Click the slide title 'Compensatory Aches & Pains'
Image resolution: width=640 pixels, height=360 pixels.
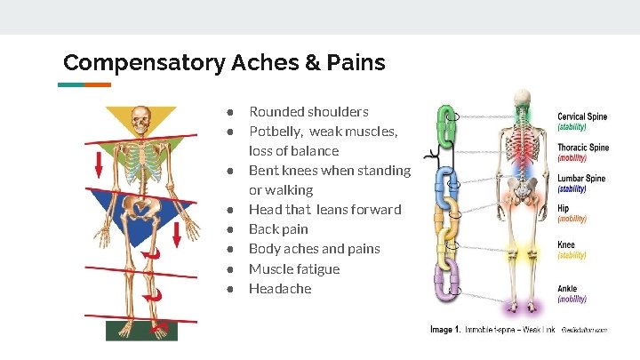click(x=224, y=63)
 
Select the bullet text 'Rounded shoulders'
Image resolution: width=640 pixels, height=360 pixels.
click(x=308, y=112)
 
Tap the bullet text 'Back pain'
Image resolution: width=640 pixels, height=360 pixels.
click(x=278, y=229)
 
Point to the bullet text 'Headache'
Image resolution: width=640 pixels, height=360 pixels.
click(x=280, y=288)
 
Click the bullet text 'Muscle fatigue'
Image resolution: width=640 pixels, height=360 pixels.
click(x=293, y=268)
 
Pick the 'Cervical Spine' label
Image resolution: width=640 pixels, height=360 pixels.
click(x=582, y=116)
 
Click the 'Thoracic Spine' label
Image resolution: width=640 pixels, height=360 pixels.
click(x=583, y=148)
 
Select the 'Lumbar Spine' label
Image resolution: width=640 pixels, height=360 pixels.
click(x=581, y=179)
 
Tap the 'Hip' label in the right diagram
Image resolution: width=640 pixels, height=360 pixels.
click(x=564, y=209)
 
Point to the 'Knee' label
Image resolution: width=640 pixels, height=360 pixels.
click(x=566, y=245)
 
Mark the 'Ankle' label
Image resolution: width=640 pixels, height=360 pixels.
click(x=567, y=289)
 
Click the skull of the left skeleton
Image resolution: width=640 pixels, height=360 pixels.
click(x=140, y=117)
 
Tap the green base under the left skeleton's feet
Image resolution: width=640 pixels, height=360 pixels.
click(x=141, y=330)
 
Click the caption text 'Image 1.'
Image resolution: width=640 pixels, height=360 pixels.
click(x=445, y=330)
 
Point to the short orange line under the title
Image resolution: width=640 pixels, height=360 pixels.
click(x=98, y=84)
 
